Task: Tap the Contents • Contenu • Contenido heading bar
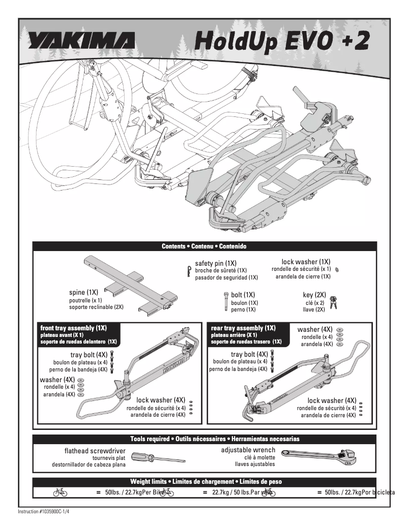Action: (x=204, y=246)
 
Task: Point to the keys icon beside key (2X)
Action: (x=334, y=302)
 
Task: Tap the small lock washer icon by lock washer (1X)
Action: (x=338, y=269)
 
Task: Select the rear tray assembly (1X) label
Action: (x=243, y=328)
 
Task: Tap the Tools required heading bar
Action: (x=204, y=439)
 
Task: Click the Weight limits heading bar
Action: (x=204, y=481)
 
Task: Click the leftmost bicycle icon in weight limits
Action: (x=60, y=492)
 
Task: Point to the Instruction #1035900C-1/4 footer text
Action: (x=43, y=511)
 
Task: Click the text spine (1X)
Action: (x=83, y=293)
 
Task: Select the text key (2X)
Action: (x=314, y=295)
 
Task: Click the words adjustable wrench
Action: (x=248, y=450)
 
